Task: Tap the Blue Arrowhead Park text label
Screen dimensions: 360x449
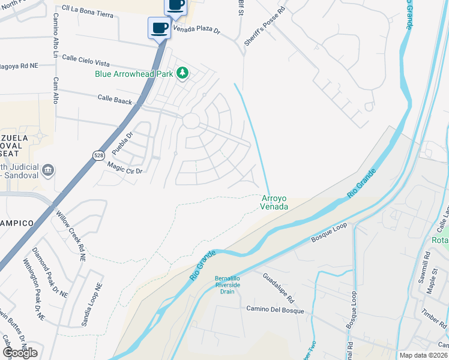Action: click(134, 74)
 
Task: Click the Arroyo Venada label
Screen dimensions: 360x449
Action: click(274, 202)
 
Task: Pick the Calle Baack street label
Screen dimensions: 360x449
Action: click(115, 100)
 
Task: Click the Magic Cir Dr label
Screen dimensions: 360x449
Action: click(124, 167)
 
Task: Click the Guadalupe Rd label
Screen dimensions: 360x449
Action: click(279, 287)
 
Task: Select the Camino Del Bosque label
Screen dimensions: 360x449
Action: click(276, 311)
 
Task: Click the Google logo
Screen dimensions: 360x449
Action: click(20, 352)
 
